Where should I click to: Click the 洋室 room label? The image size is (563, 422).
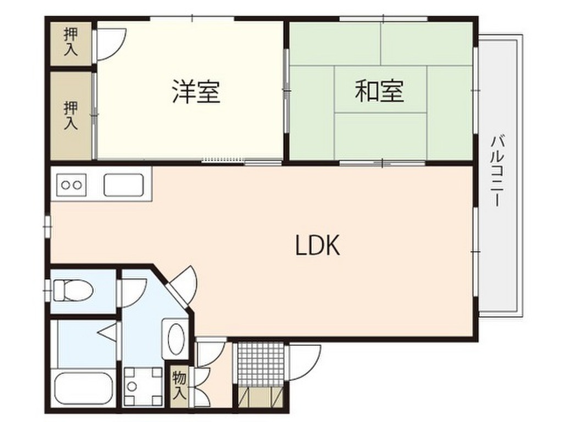point(196,92)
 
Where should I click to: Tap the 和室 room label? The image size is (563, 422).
point(379,91)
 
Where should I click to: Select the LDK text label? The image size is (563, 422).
point(318,247)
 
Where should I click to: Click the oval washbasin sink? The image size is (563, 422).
point(176,339)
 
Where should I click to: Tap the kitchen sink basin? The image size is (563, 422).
point(124,185)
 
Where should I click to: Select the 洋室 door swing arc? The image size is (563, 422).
point(111,45)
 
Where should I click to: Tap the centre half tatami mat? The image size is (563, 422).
point(380,90)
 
